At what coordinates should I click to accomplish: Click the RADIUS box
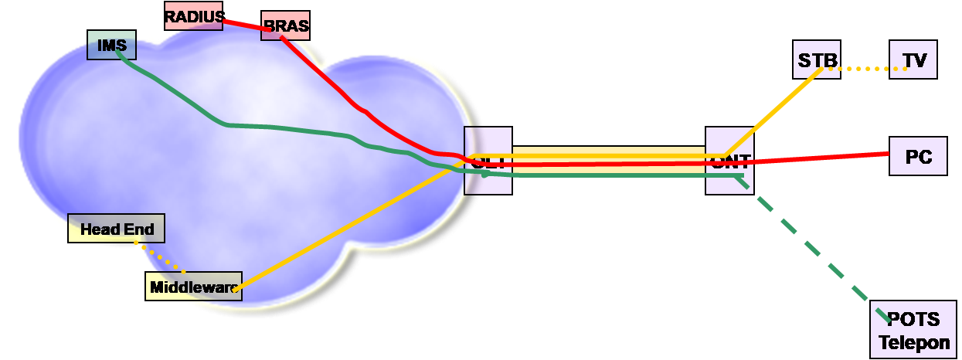pos(193,15)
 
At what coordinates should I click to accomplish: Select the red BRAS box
pos(285,25)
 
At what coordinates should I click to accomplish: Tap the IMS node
pos(112,46)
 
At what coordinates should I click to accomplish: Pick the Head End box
pos(116,229)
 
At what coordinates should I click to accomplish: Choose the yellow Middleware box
pos(193,287)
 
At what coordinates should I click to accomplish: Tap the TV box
pos(913,59)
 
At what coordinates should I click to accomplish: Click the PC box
pos(918,157)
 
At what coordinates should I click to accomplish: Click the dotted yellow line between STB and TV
pos(865,70)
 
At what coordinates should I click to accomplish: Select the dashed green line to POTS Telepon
pos(811,247)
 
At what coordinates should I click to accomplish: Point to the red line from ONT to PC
pos(819,158)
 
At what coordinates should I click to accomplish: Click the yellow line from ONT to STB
pos(773,108)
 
